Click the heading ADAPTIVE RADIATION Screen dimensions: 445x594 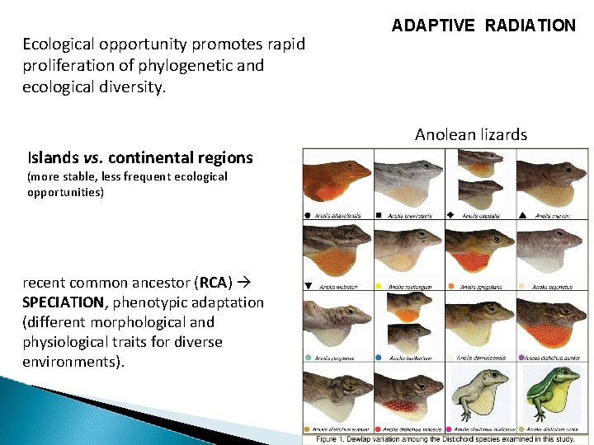(483, 26)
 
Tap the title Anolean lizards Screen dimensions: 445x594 (471, 134)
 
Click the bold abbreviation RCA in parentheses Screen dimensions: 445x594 (214, 283)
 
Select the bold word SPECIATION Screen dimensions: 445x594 (64, 302)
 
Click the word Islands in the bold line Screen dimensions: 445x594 (53, 157)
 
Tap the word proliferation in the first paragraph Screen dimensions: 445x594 (68, 64)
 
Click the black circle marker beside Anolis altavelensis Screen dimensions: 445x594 (308, 215)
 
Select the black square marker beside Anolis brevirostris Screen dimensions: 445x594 (379, 215)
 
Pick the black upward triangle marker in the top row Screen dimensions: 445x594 (522, 215)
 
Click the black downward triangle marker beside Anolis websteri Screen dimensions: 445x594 (308, 286)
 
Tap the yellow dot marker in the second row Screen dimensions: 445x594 (379, 286)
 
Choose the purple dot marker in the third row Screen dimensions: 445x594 (521, 358)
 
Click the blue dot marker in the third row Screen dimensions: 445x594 (379, 358)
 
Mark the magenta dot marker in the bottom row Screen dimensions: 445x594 (450, 429)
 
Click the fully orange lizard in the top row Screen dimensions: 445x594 (337, 176)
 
